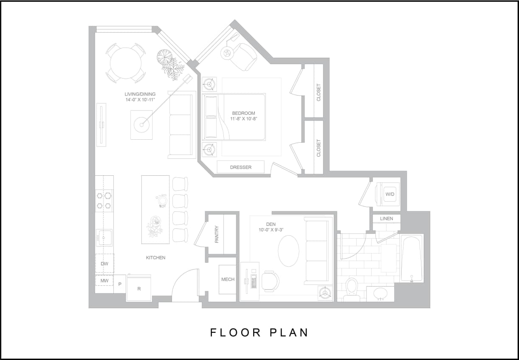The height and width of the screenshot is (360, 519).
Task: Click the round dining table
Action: [125, 63]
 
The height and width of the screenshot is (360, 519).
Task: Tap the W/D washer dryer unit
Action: [389, 194]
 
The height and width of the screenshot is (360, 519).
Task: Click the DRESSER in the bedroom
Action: [240, 167]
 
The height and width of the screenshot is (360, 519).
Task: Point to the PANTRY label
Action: [217, 234]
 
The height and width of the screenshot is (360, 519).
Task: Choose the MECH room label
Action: [228, 279]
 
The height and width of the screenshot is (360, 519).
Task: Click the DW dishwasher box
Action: [104, 264]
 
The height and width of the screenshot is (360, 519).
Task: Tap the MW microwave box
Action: [104, 281]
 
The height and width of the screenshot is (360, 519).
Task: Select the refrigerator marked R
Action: [139, 288]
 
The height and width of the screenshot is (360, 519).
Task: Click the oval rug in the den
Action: [289, 250]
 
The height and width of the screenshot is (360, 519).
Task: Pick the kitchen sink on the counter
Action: [104, 238]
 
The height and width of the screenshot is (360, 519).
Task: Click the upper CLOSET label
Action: [319, 92]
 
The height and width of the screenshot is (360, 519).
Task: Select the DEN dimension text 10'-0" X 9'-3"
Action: [271, 230]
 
